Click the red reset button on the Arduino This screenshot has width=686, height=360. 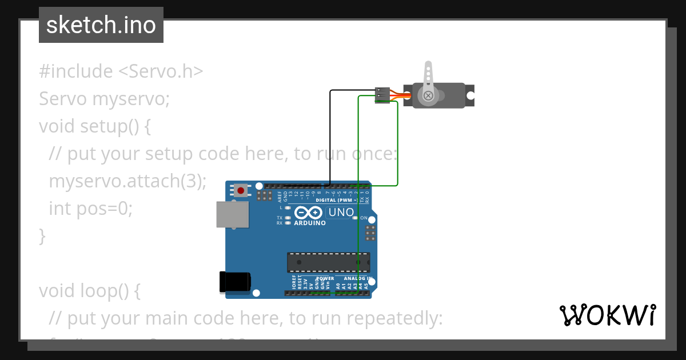click(241, 190)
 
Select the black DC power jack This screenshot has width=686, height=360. click(235, 282)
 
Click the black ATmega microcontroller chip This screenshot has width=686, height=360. click(328, 262)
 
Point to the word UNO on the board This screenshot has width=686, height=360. click(341, 213)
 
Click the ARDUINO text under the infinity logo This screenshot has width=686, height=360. click(310, 223)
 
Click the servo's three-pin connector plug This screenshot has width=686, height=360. click(382, 95)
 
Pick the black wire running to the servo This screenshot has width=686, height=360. click(330, 137)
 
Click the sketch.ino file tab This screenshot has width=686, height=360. click(101, 25)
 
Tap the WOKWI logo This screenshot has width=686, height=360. click(607, 315)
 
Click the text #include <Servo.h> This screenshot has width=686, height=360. click(121, 71)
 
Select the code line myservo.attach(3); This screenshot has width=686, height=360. click(127, 181)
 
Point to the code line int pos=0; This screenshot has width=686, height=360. click(90, 209)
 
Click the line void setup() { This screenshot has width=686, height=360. click(95, 126)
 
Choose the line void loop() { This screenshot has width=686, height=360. click(89, 290)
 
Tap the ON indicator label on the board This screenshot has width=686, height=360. click(364, 218)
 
